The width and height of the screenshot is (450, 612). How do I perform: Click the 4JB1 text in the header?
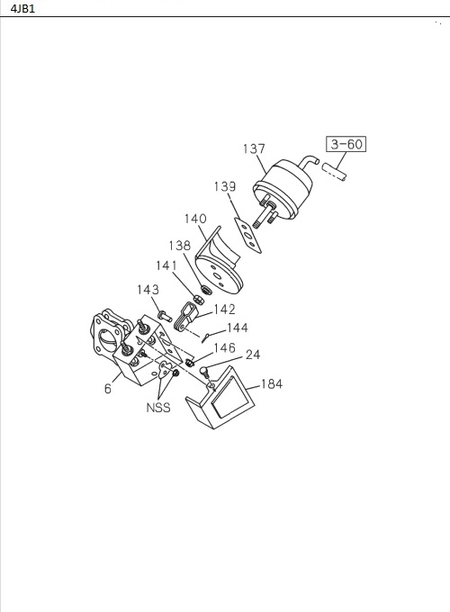point(22,9)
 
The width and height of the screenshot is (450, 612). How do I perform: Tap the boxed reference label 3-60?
point(346,144)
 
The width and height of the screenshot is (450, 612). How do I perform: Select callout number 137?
point(254,148)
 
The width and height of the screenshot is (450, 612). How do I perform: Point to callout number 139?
point(225,186)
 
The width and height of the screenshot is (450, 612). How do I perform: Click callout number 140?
point(195,219)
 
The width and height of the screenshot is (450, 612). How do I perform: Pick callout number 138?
point(179,246)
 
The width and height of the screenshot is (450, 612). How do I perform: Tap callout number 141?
point(166,265)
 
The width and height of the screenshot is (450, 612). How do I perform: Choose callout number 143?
point(148,290)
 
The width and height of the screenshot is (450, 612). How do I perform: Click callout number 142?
point(225,310)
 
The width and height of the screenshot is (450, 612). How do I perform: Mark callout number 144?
point(238,328)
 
